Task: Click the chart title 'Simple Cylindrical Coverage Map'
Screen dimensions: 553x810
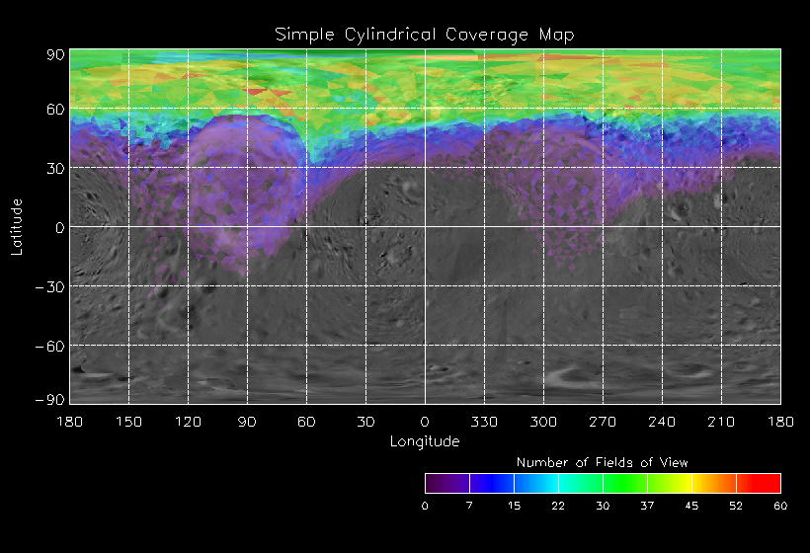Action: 425,35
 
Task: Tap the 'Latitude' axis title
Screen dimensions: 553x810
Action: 17,227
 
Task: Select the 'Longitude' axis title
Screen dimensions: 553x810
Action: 425,441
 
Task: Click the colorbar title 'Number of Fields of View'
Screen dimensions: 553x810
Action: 603,462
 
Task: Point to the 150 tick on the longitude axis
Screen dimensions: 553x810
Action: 128,422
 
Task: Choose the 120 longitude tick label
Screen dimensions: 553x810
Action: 188,422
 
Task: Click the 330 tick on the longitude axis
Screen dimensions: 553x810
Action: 484,422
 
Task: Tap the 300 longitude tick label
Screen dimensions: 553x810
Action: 543,422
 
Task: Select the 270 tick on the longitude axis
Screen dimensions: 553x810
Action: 603,422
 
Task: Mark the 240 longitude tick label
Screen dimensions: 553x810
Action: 662,422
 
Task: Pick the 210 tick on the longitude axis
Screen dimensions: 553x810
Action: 721,422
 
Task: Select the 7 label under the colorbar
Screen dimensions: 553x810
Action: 469,506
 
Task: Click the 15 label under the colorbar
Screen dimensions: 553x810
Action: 514,506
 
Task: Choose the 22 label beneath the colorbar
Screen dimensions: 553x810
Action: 558,506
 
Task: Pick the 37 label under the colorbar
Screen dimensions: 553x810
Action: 647,506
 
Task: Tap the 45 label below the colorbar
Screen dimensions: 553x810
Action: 691,506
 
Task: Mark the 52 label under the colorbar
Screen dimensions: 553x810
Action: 736,506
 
